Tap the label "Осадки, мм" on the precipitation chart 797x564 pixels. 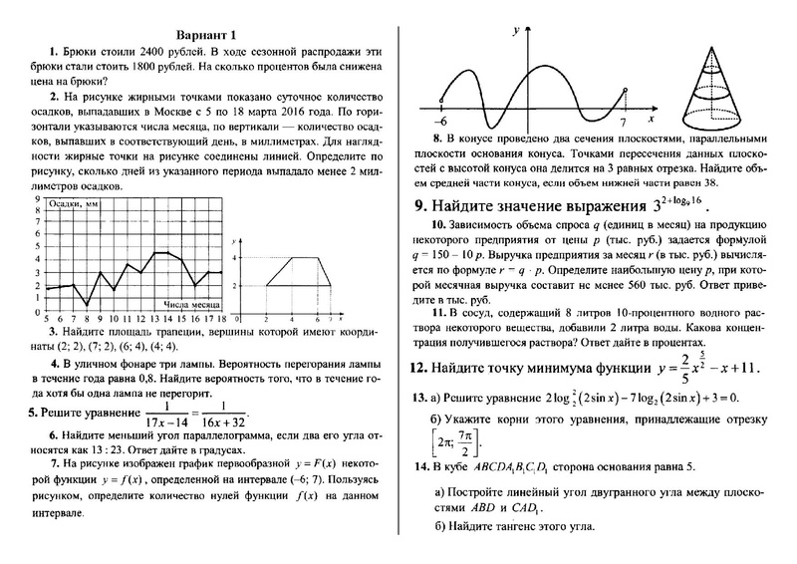click(77, 203)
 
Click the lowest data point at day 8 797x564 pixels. click(87, 304)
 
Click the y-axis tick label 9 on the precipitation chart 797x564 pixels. click(37, 199)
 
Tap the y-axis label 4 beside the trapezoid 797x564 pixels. click(236, 258)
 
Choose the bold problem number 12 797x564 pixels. click(421, 368)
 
